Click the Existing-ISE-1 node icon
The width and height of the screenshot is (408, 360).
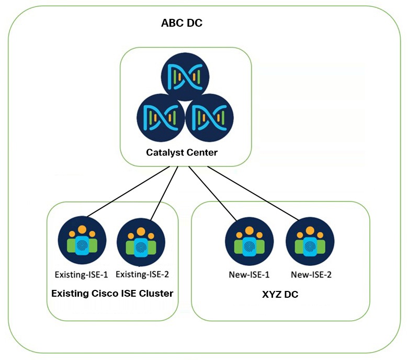(82, 242)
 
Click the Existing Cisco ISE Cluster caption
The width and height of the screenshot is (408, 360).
(112, 294)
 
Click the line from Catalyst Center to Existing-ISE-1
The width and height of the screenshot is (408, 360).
(131, 192)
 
